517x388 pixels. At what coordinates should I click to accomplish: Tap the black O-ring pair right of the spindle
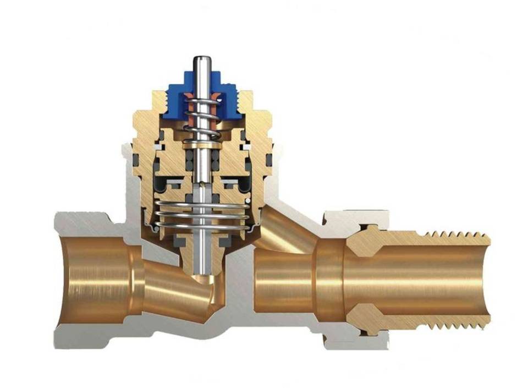point(216,160)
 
